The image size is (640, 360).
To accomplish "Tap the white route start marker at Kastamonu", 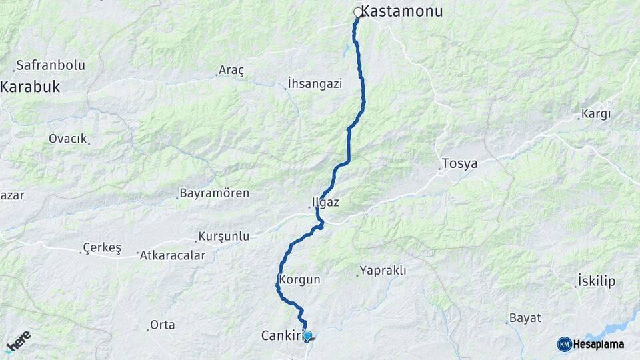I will point(358,12).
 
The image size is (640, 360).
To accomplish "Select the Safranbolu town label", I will point(51,65).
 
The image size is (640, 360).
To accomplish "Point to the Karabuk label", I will point(31,86).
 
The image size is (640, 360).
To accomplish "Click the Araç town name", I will point(232,70).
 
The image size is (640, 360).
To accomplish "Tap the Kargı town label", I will point(595,113).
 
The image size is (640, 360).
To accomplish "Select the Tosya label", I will point(460,163).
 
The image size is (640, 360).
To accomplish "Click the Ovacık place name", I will point(67,139).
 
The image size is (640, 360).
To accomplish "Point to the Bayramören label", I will point(215,193).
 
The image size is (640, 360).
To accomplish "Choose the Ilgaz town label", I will point(326,202).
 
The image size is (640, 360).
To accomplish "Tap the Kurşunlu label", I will point(224,236).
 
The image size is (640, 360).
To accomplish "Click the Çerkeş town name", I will point(101,248).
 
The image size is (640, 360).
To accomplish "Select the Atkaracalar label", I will point(173,255).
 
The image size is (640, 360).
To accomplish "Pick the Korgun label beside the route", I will point(301,280).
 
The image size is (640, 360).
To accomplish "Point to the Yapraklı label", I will point(383,270).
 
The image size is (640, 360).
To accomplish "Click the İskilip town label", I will point(597,281).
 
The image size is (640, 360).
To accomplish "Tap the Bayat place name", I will point(525,317).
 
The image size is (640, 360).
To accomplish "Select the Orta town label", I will point(163,325).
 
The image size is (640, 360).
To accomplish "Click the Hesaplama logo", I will point(591,344).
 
